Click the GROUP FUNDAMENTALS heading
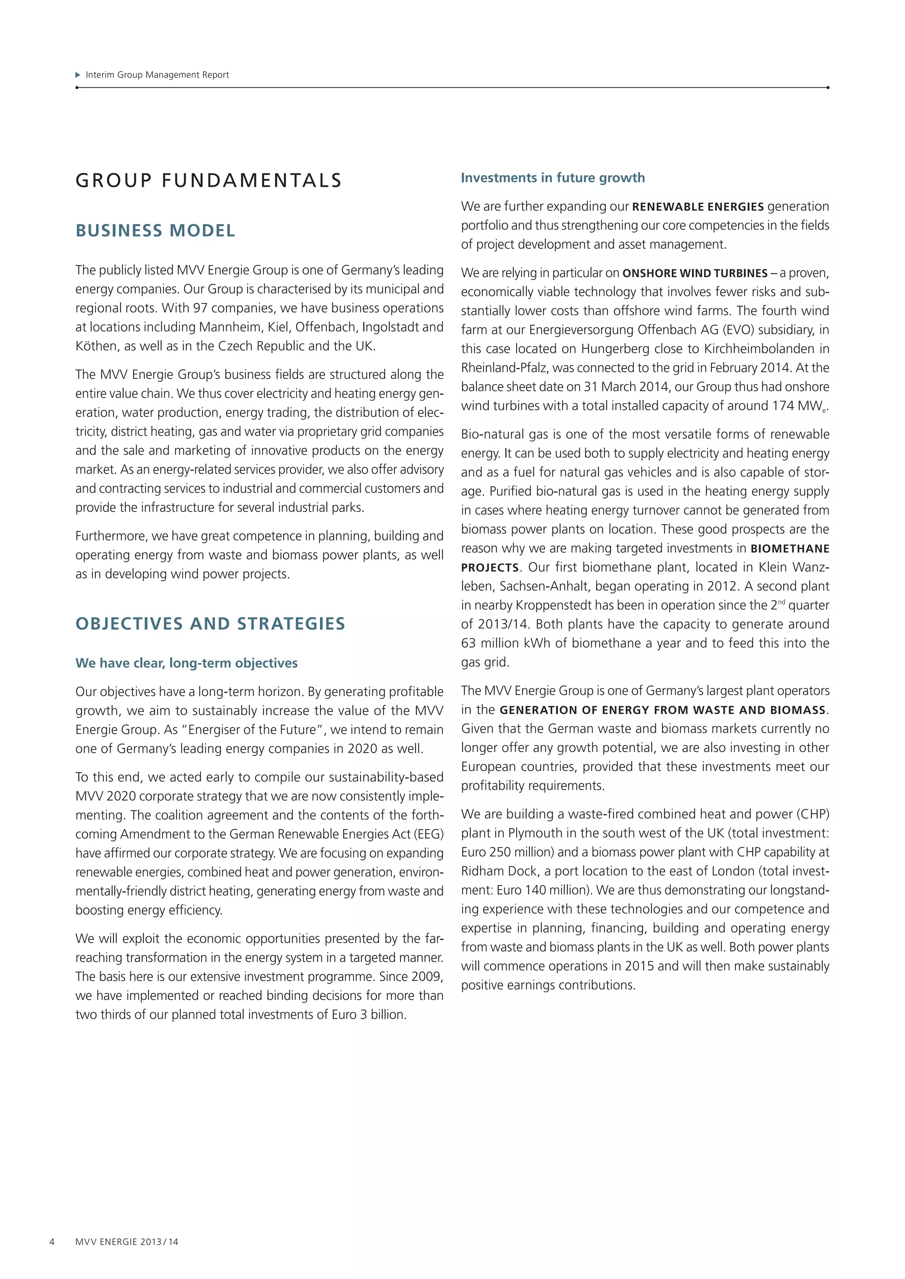[209, 181]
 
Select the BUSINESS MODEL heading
[155, 231]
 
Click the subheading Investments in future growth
[552, 178]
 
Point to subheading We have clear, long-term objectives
[186, 663]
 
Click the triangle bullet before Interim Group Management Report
[78, 75]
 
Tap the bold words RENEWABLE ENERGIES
[698, 207]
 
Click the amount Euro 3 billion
[368, 1014]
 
